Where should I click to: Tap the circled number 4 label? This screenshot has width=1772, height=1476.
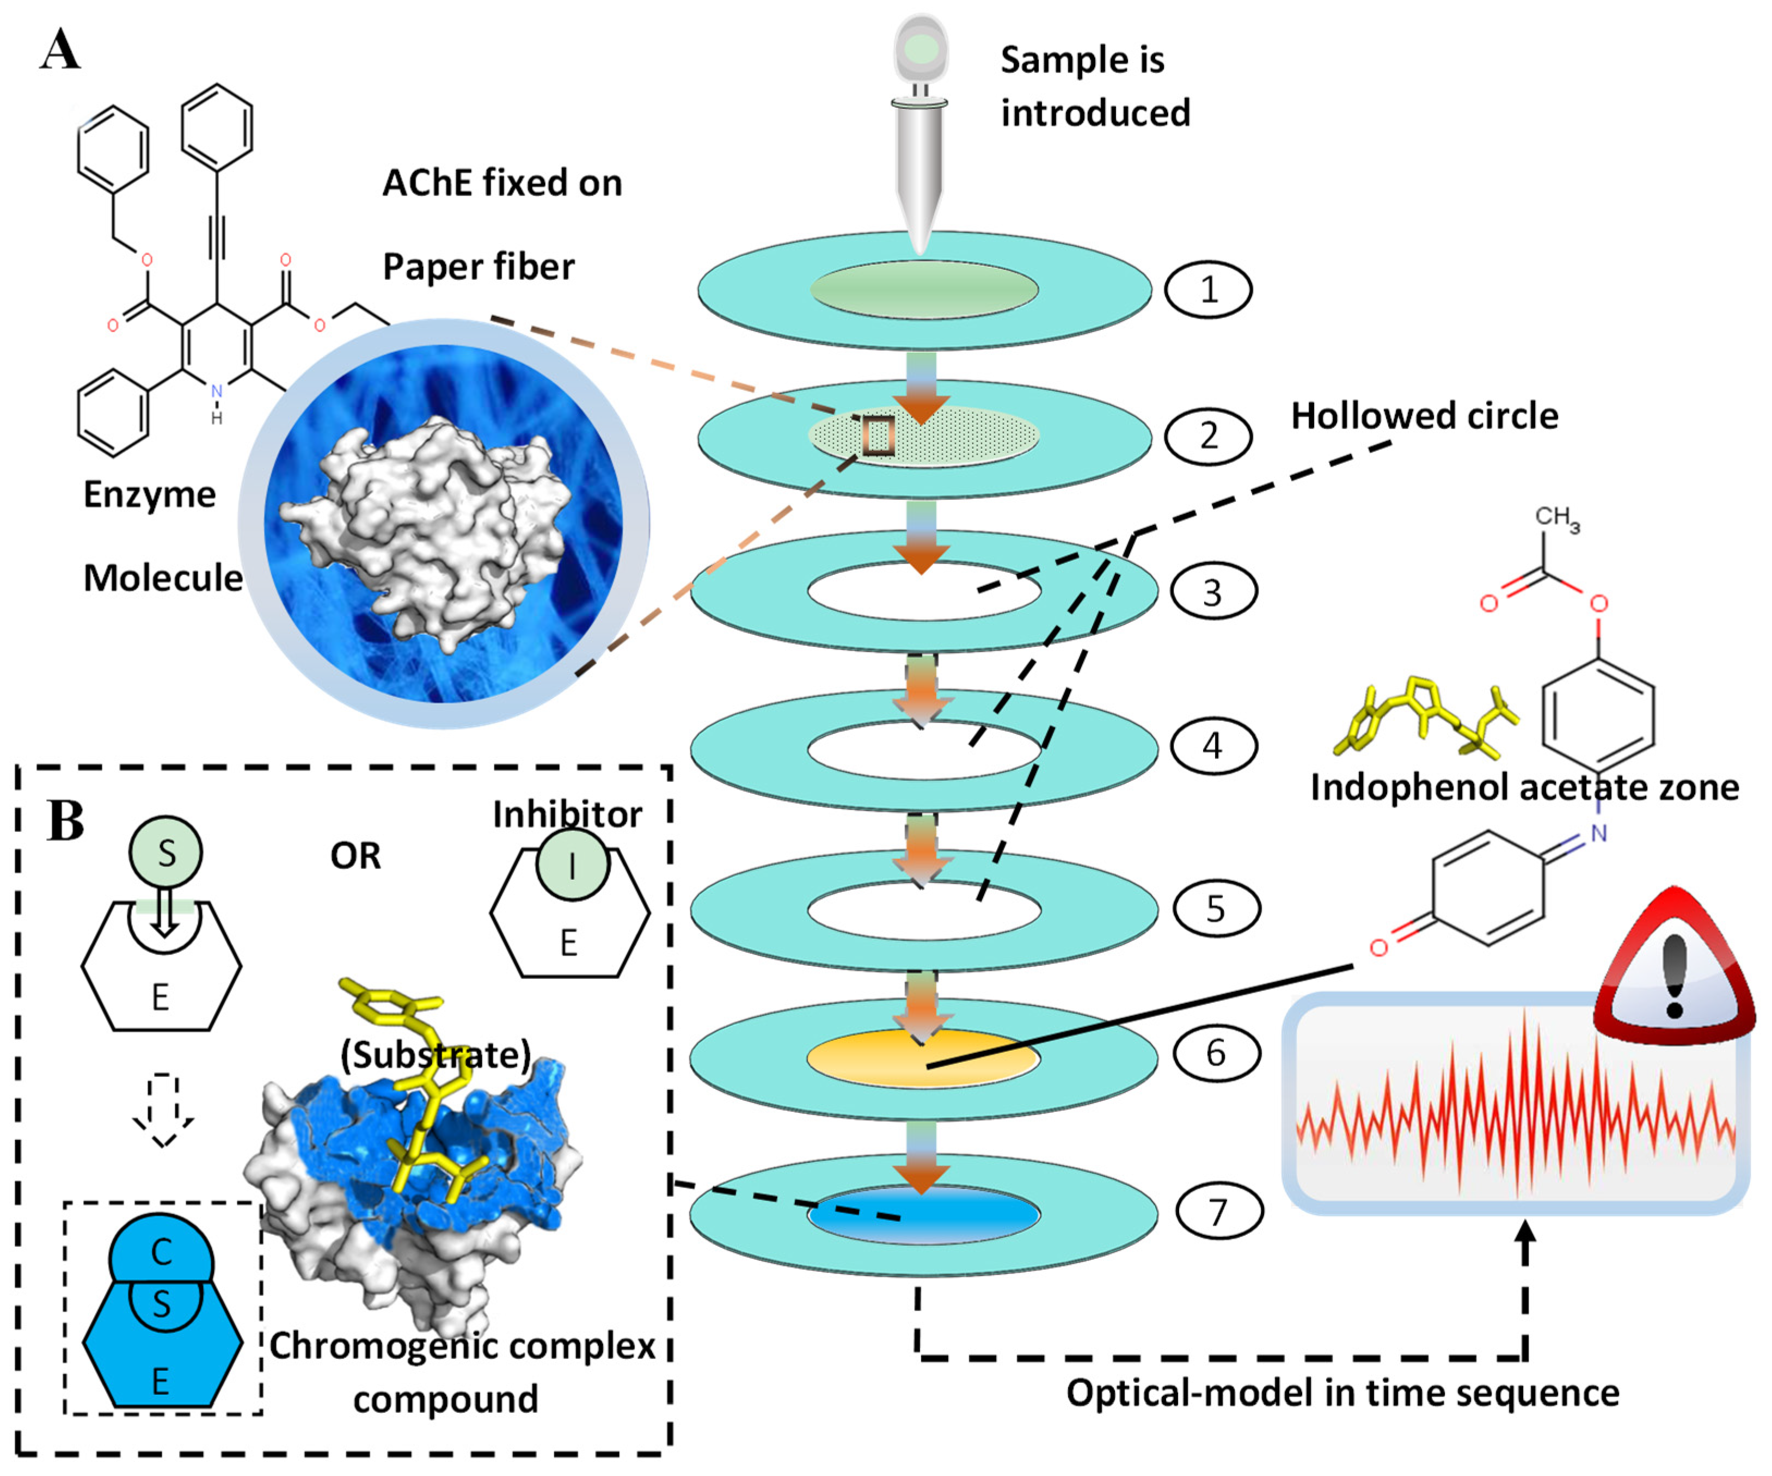click(x=1212, y=746)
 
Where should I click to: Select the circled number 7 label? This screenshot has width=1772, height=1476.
click(x=1218, y=1212)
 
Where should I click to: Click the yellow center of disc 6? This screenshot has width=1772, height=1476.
click(x=923, y=1057)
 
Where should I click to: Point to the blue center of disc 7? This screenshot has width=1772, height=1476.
click(x=923, y=1214)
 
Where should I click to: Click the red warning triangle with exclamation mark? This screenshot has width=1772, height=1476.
click(x=1674, y=971)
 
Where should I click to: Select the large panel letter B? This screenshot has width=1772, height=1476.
click(x=66, y=820)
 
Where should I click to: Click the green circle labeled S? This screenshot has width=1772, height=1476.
click(x=165, y=853)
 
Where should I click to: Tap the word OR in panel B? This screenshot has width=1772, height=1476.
click(x=355, y=856)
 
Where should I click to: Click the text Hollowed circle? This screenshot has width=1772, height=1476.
click(x=1424, y=416)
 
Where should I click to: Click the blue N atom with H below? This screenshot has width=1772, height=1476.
click(x=217, y=393)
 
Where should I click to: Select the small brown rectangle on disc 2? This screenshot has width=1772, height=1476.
click(x=879, y=436)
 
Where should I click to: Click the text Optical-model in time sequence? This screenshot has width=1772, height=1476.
click(x=1341, y=1393)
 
